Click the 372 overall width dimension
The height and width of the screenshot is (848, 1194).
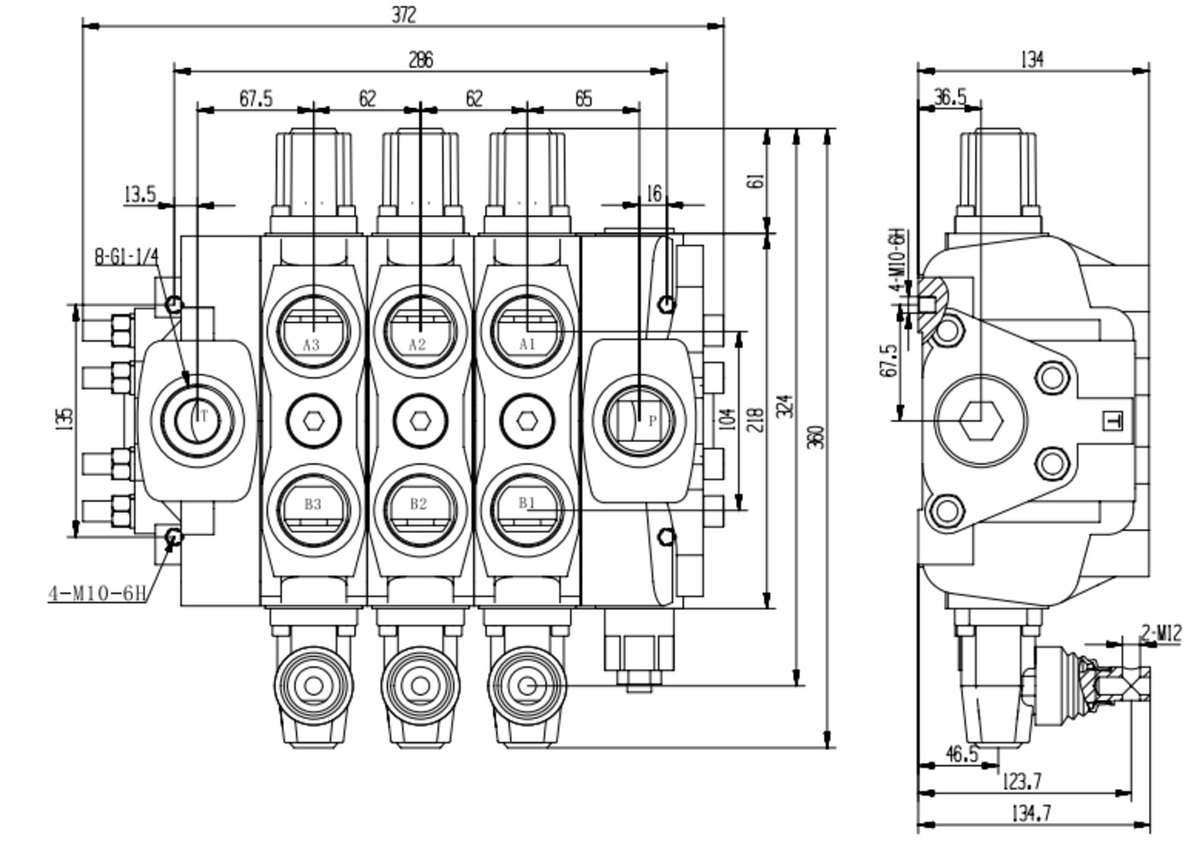[x=404, y=14]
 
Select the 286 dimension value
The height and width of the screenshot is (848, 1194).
[x=420, y=60]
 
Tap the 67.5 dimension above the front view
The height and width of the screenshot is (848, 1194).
[x=255, y=99]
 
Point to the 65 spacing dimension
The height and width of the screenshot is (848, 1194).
[x=583, y=99]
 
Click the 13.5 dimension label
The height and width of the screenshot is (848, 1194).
[x=140, y=194]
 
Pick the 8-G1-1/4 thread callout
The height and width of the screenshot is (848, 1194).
[x=126, y=257]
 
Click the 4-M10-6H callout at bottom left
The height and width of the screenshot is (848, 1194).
[x=97, y=593]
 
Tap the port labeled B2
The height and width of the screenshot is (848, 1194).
[x=418, y=504]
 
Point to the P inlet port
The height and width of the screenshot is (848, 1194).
[x=640, y=419]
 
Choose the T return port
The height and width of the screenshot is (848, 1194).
[x=197, y=418]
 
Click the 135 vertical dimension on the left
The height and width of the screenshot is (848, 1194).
[x=64, y=418]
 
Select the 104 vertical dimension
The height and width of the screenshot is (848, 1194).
[x=727, y=419]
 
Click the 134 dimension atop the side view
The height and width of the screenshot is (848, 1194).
[x=1032, y=60]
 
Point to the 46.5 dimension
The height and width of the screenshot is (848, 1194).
[x=961, y=754]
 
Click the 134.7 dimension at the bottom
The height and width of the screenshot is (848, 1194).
[x=1030, y=814]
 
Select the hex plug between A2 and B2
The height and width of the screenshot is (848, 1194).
[x=418, y=420]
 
